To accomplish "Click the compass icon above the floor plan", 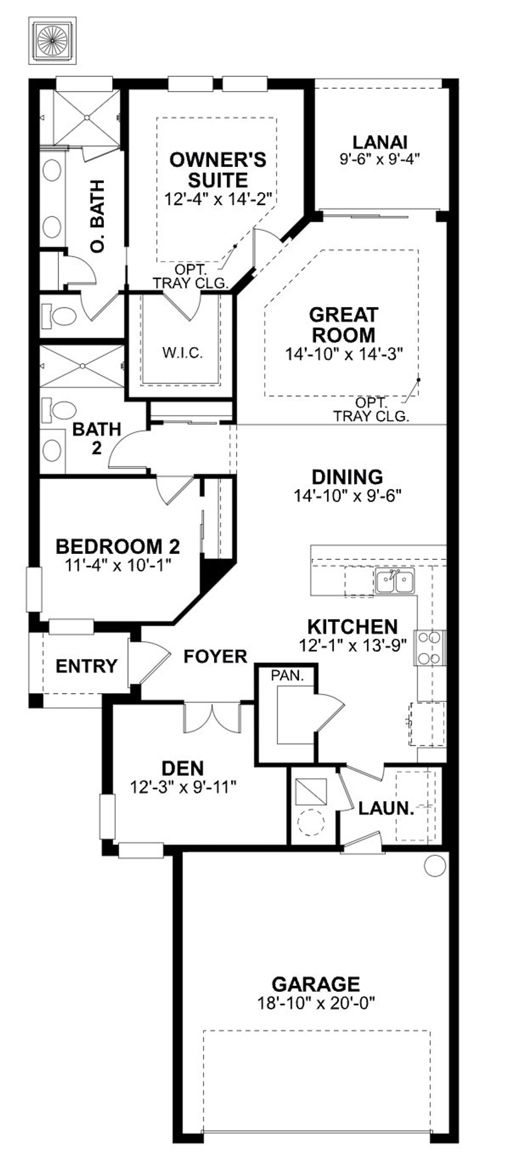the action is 52,41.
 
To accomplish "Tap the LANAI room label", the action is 380,142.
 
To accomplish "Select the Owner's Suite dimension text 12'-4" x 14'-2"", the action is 219,199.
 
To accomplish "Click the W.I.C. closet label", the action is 182,353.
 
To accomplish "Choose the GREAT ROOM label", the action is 344,325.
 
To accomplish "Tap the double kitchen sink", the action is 395,581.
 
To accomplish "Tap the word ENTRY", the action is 87,666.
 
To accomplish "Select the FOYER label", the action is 215,656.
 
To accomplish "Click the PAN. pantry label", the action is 287,675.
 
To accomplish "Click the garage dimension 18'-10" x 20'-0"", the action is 316,1003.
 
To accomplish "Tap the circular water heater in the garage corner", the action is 434,864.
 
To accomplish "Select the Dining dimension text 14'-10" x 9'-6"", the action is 347,496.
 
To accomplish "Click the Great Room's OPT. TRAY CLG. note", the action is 371,409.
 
